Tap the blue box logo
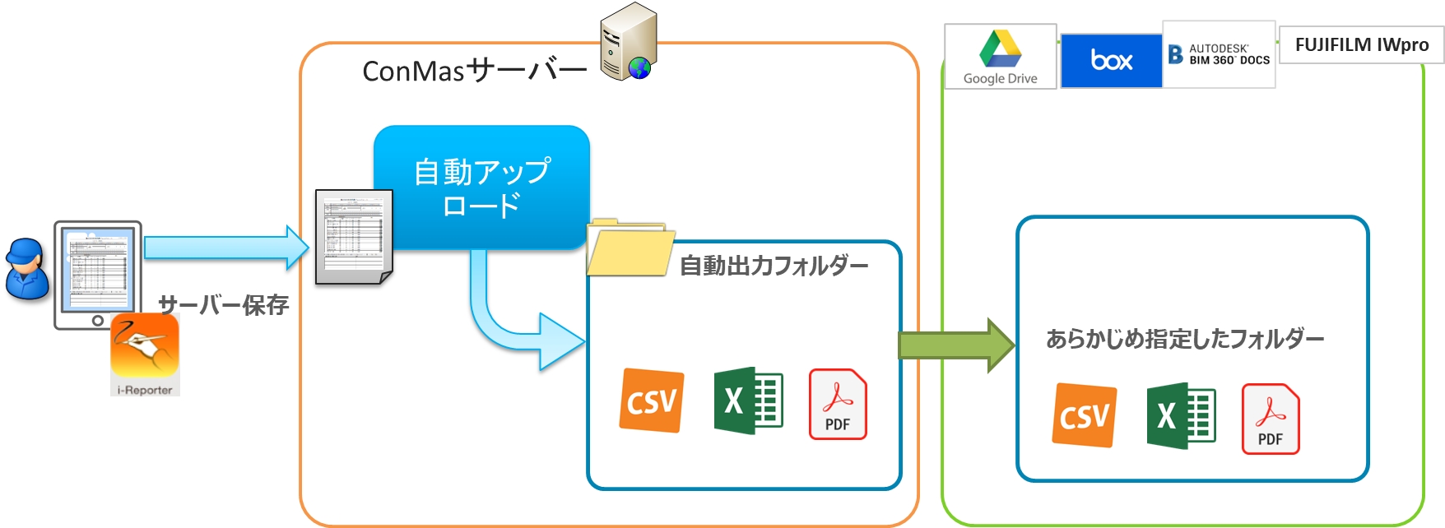(x=1111, y=60)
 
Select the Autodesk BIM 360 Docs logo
(x=1219, y=55)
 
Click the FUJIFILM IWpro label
(x=1361, y=45)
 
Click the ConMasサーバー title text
(x=474, y=72)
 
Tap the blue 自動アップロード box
(x=482, y=187)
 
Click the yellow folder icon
(x=628, y=248)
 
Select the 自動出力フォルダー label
(x=774, y=266)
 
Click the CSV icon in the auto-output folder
(x=652, y=401)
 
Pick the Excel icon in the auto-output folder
(x=748, y=401)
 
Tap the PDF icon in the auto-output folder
(x=838, y=404)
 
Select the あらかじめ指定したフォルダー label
(x=1185, y=339)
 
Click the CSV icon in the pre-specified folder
(x=1085, y=415)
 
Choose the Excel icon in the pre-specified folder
(x=1181, y=415)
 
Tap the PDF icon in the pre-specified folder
(x=1270, y=419)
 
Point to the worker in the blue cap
(x=26, y=269)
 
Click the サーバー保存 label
(x=223, y=305)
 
